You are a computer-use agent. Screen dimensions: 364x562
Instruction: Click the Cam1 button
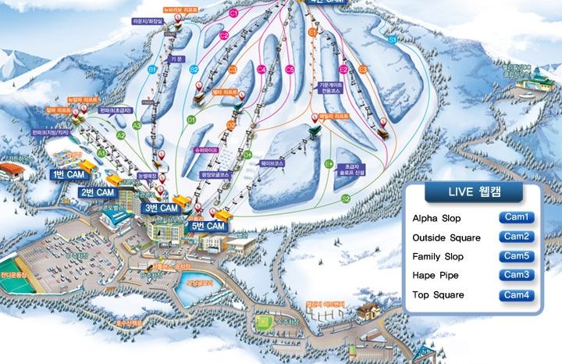pyautogui.click(x=516, y=217)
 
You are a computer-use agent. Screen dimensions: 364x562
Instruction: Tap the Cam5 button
pyautogui.click(x=516, y=256)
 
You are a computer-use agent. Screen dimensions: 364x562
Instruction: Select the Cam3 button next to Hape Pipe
pyautogui.click(x=516, y=275)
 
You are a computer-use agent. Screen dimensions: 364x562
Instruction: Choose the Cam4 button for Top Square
pyautogui.click(x=516, y=295)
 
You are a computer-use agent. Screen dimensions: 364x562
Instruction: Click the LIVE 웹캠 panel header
pyautogui.click(x=472, y=192)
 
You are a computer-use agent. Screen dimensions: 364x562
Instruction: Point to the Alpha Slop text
pyautogui.click(x=436, y=218)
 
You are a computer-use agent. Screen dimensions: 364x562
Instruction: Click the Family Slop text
pyautogui.click(x=438, y=256)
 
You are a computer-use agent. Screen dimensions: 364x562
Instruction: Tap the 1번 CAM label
pyautogui.click(x=69, y=174)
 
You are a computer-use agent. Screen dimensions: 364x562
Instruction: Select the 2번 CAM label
pyautogui.click(x=97, y=191)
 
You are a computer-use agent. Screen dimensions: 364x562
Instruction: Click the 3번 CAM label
pyautogui.click(x=162, y=209)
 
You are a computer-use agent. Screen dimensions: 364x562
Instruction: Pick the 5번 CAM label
pyautogui.click(x=208, y=226)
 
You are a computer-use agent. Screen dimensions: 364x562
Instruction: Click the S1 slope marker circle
pyautogui.click(x=393, y=38)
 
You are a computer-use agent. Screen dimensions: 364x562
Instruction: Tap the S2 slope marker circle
pyautogui.click(x=345, y=199)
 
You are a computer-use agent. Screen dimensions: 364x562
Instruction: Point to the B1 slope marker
pyautogui.click(x=153, y=70)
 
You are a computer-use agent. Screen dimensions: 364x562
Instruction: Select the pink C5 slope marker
pyautogui.click(x=290, y=70)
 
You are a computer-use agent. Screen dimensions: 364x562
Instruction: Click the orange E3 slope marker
pyautogui.click(x=363, y=70)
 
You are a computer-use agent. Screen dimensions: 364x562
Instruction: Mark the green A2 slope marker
pyautogui.click(x=120, y=135)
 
